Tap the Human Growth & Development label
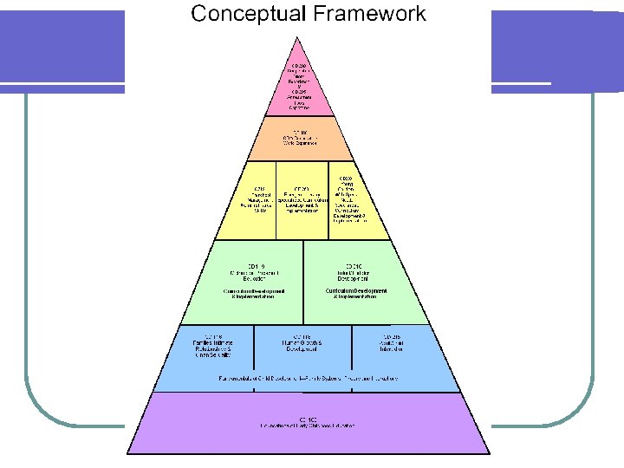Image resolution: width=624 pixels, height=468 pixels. [302, 343]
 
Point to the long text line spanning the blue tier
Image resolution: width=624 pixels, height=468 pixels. [302, 379]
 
